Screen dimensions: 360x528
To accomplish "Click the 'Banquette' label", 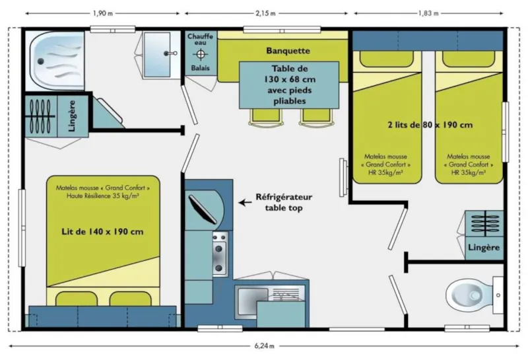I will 288,51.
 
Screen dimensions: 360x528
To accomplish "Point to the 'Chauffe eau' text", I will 201,40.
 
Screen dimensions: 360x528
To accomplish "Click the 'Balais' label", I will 201,68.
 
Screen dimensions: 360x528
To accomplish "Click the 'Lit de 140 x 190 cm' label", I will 102,232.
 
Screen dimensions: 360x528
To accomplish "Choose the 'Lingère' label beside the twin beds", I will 484,248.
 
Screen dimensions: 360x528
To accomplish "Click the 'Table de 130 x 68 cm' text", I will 288,85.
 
